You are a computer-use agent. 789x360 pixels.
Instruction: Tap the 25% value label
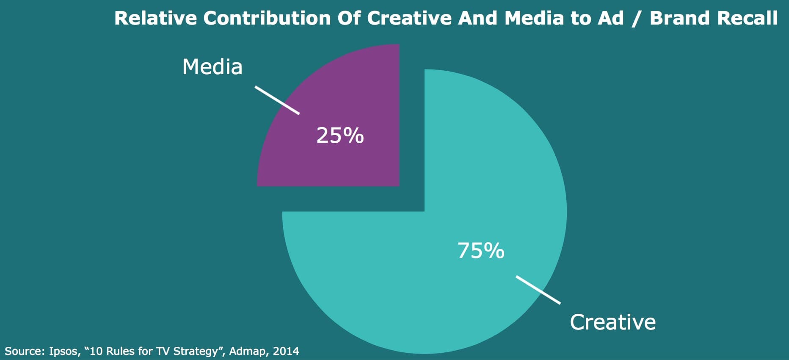coord(340,136)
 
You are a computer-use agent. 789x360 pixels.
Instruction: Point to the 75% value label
coord(481,251)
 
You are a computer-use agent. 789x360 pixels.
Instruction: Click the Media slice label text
coord(212,67)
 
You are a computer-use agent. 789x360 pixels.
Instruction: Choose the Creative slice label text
coord(612,322)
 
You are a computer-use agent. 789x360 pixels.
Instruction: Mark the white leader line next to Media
coord(277,100)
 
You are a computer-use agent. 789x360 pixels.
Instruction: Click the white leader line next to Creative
coord(538,290)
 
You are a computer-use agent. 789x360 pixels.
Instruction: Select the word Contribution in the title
coord(267,18)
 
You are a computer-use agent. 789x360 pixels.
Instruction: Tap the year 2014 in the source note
coord(286,351)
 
